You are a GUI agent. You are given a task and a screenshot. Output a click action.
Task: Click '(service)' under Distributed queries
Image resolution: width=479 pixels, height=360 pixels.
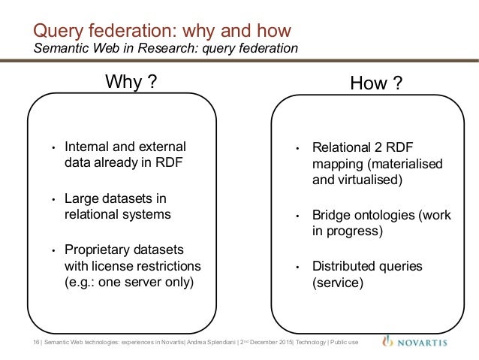[x=337, y=283]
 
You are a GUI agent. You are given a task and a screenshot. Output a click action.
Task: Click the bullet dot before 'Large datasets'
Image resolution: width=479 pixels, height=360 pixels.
[x=54, y=199]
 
